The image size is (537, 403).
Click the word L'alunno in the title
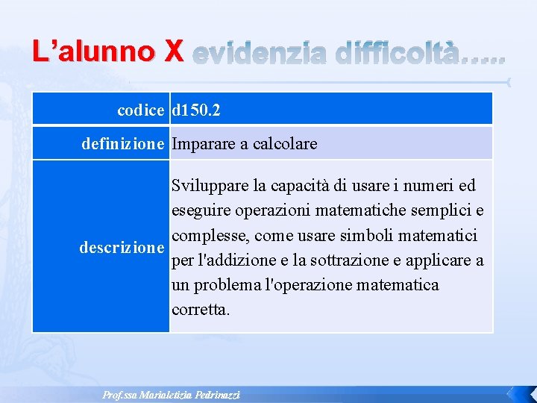[94, 51]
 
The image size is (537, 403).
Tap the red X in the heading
[172, 51]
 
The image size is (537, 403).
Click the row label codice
[140, 110]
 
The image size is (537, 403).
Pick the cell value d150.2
[195, 110]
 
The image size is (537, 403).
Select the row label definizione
[122, 144]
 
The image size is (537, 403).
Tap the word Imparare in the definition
[203, 144]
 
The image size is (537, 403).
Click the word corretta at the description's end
[201, 310]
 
